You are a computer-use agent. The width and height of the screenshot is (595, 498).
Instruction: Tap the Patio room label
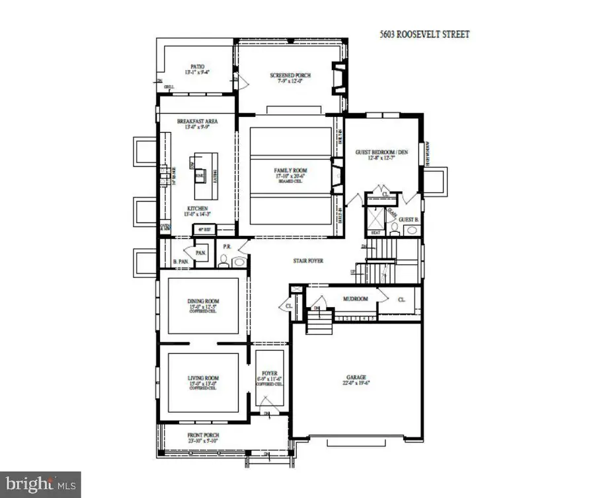(198, 67)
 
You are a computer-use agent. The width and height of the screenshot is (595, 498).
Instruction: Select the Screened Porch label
(290, 75)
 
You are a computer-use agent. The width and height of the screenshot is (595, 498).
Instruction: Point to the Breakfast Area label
(198, 122)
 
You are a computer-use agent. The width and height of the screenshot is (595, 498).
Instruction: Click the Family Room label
(291, 170)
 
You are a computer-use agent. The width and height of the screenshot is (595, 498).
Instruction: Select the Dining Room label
(204, 303)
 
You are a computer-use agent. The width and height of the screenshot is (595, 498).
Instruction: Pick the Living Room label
(204, 378)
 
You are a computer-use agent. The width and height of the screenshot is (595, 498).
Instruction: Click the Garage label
(356, 377)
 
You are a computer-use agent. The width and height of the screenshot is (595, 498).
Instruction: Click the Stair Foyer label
(308, 262)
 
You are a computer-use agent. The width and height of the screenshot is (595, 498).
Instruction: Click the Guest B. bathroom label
(409, 219)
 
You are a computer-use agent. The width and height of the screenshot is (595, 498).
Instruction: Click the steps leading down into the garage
(319, 324)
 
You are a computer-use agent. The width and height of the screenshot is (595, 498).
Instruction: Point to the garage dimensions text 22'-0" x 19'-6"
(356, 382)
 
